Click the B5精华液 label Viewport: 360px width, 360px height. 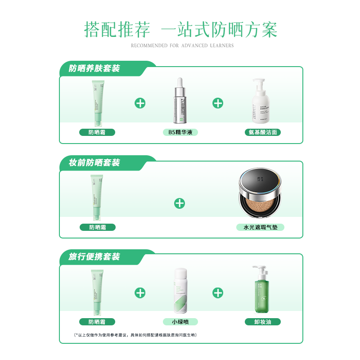[x=180, y=132]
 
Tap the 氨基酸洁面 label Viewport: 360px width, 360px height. [x=263, y=132]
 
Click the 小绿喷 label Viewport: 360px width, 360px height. [x=180, y=322]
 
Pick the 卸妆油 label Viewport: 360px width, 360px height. [x=263, y=322]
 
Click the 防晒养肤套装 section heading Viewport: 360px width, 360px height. [x=94, y=68]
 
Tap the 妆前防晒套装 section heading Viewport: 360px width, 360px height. [x=94, y=163]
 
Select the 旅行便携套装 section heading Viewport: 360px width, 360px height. [x=94, y=257]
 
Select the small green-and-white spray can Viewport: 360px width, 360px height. [x=180, y=292]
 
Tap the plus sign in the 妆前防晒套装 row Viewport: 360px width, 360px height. [x=180, y=203]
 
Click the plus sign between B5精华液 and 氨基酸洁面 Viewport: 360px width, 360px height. [x=218, y=103]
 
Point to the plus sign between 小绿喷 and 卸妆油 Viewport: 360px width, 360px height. [x=218, y=293]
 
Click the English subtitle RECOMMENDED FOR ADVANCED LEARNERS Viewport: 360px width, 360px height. [x=182, y=45]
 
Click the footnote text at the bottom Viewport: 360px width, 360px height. [x=135, y=335]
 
